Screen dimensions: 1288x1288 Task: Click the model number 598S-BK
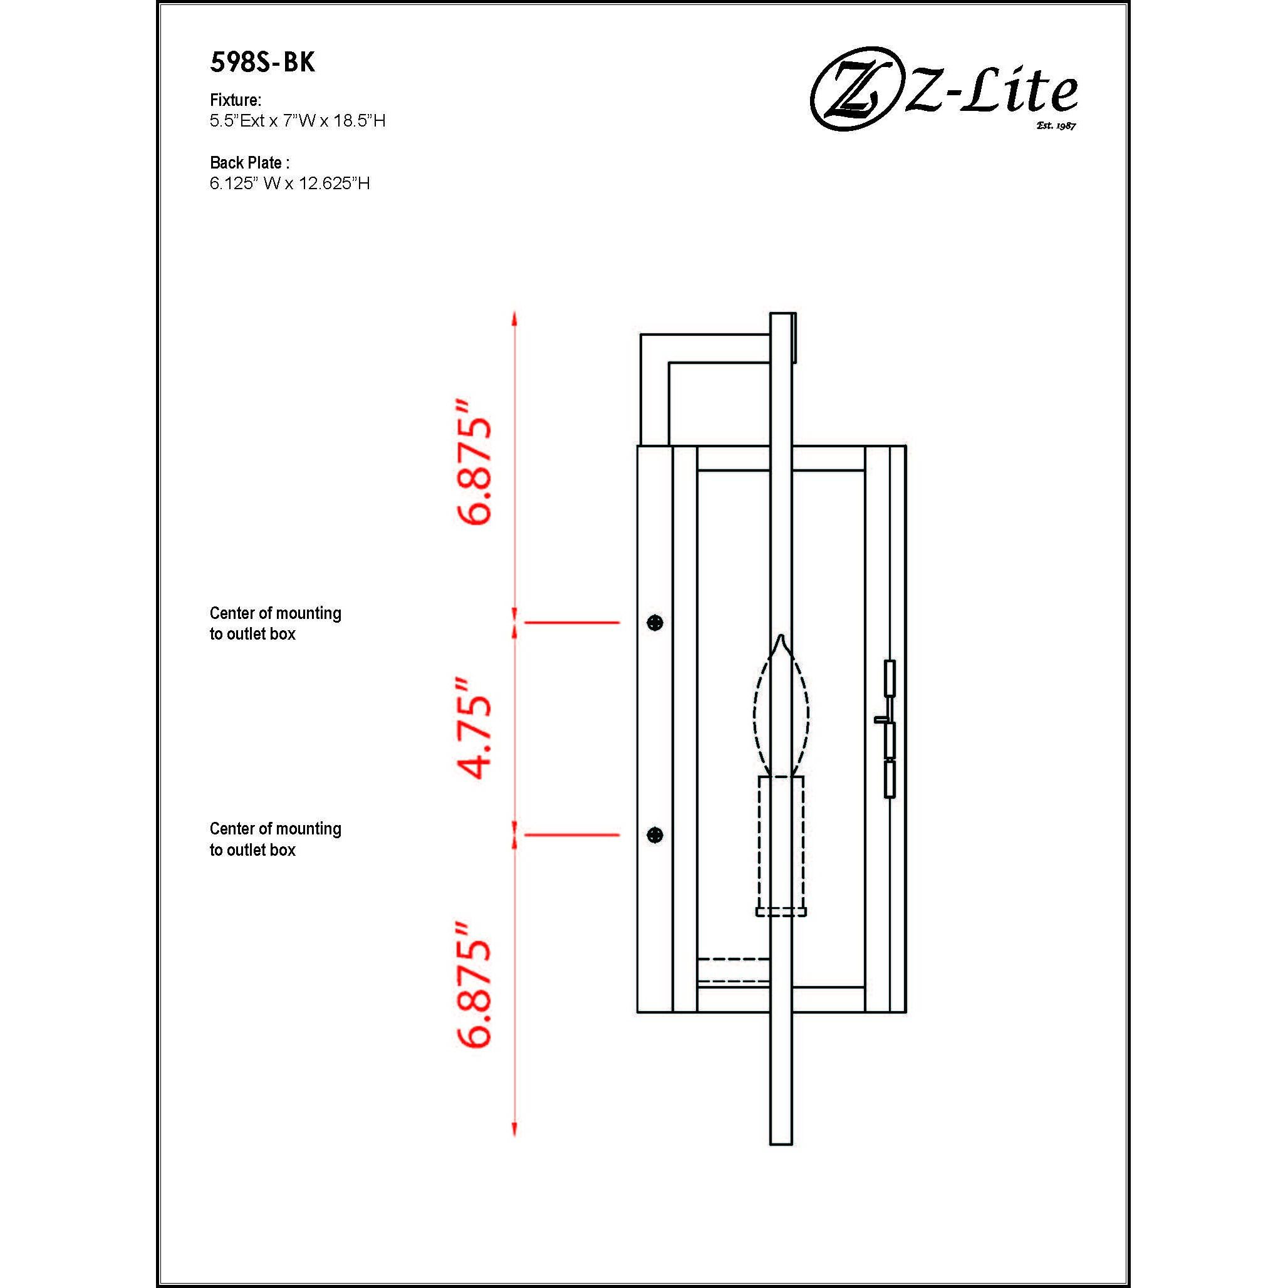click(x=262, y=63)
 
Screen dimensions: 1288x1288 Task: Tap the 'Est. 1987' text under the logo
click(x=1056, y=125)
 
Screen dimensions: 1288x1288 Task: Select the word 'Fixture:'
click(x=236, y=100)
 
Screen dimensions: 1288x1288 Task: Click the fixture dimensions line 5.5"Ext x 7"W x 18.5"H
click(x=298, y=121)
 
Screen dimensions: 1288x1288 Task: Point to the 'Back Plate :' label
click(x=249, y=163)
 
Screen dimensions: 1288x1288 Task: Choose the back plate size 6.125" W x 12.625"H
click(x=289, y=184)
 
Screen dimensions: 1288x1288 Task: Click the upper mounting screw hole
click(x=655, y=623)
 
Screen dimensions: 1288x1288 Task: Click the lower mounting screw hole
click(x=655, y=834)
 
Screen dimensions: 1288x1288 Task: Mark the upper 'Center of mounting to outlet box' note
click(x=276, y=623)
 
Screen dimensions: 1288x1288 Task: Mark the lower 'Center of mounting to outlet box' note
click(x=276, y=839)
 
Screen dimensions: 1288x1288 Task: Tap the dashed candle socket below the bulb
click(x=781, y=843)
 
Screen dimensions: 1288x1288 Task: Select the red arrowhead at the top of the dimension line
click(x=514, y=319)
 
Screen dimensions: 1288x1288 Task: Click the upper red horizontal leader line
click(x=572, y=622)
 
